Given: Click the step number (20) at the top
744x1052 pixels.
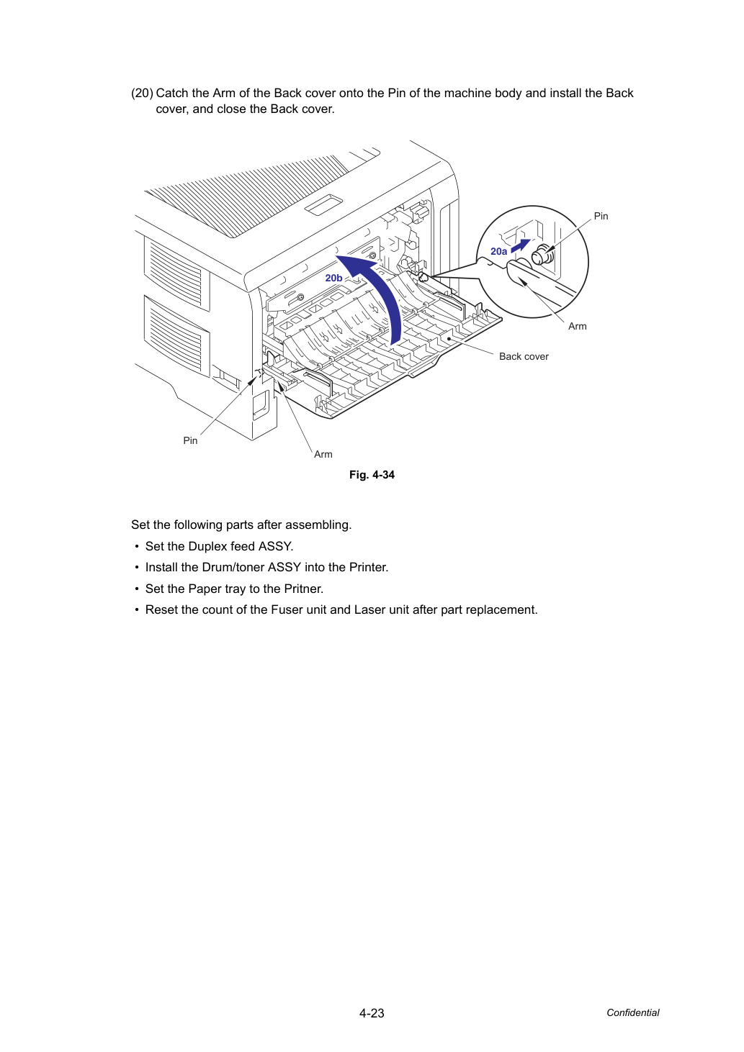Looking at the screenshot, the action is [x=142, y=93].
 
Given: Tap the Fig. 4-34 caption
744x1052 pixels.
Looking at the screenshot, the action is [x=372, y=475].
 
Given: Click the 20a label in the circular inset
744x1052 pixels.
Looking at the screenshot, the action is [x=498, y=251].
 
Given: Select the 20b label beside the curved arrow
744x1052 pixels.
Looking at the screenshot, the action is [x=333, y=278].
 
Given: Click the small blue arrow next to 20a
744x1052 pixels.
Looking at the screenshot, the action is [x=521, y=245].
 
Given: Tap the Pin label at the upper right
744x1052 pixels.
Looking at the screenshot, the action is [x=601, y=216].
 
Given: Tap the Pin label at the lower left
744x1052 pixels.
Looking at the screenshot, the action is [x=190, y=440].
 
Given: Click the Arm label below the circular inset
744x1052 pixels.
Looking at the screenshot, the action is [x=577, y=327].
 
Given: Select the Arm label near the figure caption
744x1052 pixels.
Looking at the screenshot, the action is [x=323, y=454].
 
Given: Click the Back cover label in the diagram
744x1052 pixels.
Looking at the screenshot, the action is [x=524, y=356].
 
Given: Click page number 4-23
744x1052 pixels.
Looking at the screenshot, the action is [x=372, y=1013].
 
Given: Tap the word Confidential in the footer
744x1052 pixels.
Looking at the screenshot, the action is [x=632, y=1012].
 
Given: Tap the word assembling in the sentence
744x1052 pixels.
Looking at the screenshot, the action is [x=318, y=525].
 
